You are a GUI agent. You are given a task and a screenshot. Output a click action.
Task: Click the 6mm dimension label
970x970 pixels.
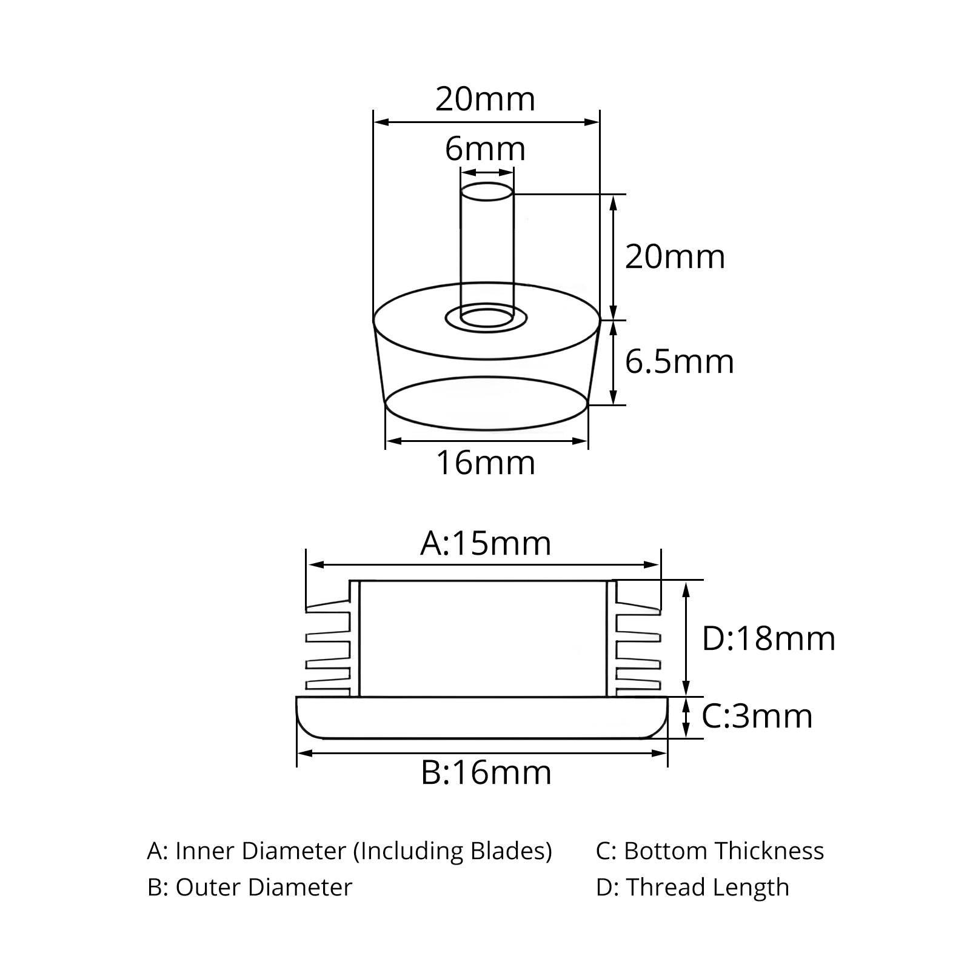click(485, 149)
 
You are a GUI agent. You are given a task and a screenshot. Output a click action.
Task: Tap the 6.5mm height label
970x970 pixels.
click(680, 362)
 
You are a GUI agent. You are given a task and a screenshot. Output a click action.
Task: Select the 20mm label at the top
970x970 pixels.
click(486, 99)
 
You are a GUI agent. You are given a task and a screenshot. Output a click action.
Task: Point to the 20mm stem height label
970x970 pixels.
click(675, 257)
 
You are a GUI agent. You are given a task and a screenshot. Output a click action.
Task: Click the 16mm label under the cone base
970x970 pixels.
click(486, 464)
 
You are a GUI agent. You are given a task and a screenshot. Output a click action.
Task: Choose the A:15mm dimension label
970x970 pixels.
click(486, 543)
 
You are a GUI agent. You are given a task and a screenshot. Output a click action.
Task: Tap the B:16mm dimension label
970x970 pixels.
click(486, 773)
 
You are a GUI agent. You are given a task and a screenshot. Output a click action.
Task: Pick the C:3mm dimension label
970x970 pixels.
click(757, 716)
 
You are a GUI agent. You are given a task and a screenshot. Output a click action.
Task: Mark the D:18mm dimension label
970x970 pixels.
click(769, 639)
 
